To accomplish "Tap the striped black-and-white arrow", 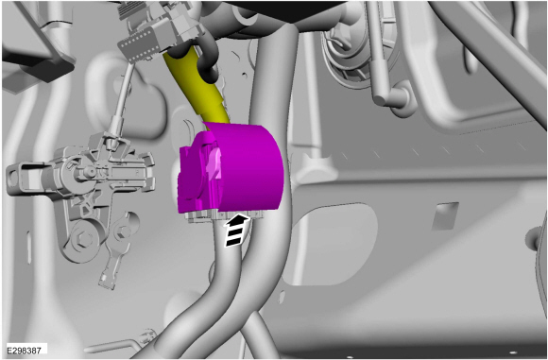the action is [236, 231].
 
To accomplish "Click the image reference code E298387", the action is [24, 350].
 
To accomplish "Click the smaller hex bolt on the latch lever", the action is [122, 231].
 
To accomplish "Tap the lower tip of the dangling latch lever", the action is [106, 283].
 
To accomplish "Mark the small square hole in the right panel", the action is [445, 215].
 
